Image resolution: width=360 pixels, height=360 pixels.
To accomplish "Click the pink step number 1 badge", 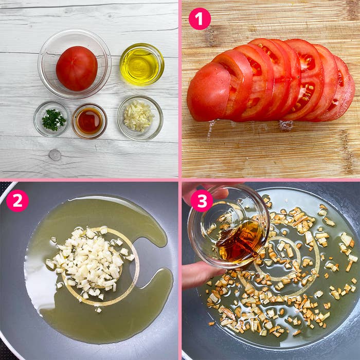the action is [200, 19].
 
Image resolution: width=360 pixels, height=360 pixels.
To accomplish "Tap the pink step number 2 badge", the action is [17, 201].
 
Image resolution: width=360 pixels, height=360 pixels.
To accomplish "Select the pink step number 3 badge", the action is [202, 201].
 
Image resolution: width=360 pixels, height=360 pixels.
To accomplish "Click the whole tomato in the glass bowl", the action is [77, 68].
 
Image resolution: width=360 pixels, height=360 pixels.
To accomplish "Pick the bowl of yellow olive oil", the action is [142, 64].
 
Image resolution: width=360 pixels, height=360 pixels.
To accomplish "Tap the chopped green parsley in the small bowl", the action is [53, 120].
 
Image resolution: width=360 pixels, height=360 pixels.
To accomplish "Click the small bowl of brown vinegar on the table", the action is [89, 121].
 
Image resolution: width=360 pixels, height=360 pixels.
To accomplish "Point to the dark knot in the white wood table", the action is [55, 155].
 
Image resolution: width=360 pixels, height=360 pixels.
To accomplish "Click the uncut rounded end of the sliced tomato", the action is [208, 92].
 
